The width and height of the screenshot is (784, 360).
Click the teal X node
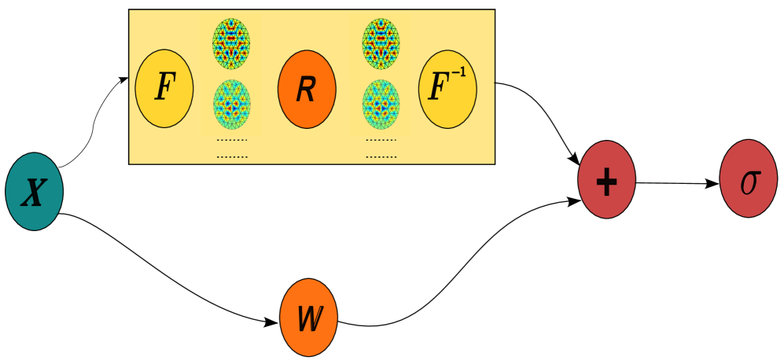click(x=34, y=192)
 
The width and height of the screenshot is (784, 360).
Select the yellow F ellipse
click(x=164, y=88)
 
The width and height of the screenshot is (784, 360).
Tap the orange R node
click(x=307, y=89)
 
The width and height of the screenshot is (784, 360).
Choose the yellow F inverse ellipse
click(x=447, y=88)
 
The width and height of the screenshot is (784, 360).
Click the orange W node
click(x=308, y=318)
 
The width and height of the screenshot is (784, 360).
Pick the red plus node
click(x=606, y=179)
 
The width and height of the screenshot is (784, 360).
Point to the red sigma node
click(x=748, y=178)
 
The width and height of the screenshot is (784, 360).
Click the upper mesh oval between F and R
click(x=231, y=43)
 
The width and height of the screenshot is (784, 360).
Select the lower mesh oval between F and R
click(x=231, y=105)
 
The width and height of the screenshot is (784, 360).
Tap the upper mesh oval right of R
click(x=381, y=43)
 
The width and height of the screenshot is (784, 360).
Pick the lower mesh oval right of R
click(x=381, y=105)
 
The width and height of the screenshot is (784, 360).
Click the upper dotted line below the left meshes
click(x=231, y=141)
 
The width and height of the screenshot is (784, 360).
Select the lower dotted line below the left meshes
click(x=231, y=156)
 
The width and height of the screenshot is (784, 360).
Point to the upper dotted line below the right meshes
click(x=381, y=141)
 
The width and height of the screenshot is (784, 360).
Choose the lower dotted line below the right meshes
click(x=381, y=156)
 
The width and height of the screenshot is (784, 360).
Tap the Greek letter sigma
click(x=749, y=182)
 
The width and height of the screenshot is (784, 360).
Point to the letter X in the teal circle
click(x=32, y=193)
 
